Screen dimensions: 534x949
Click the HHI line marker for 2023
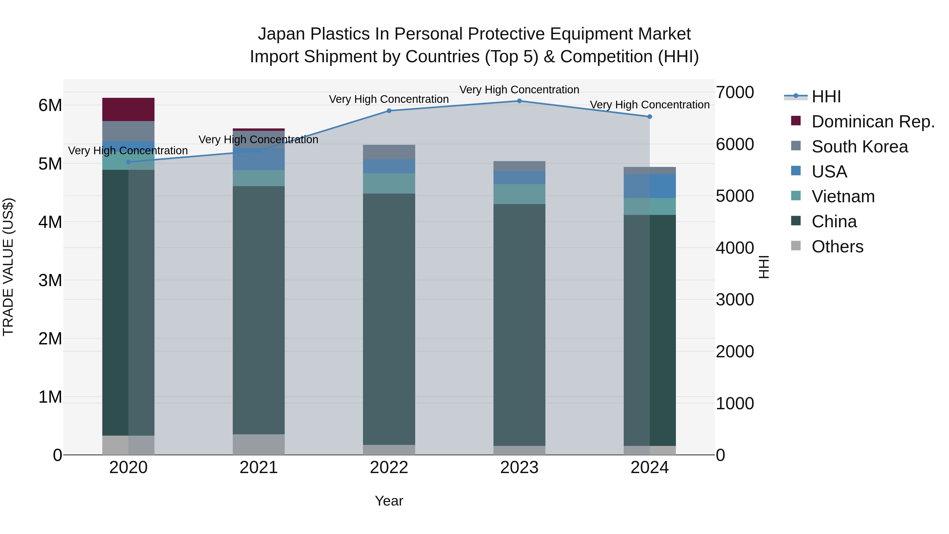coord(519,101)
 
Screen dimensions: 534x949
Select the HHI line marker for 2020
coord(128,162)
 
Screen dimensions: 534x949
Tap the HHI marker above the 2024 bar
coord(650,117)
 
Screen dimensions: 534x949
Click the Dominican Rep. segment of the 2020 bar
coord(128,109)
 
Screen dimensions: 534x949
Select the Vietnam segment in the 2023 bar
coord(519,194)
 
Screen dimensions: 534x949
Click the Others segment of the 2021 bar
coord(259,444)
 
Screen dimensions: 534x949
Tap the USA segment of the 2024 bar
coord(650,186)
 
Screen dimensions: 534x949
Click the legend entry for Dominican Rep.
coord(873,122)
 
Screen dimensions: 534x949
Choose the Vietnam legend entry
coord(843,196)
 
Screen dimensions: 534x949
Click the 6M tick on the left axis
coord(50,105)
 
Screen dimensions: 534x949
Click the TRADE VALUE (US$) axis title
coord(8,267)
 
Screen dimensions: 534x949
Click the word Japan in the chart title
coord(282,34)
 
